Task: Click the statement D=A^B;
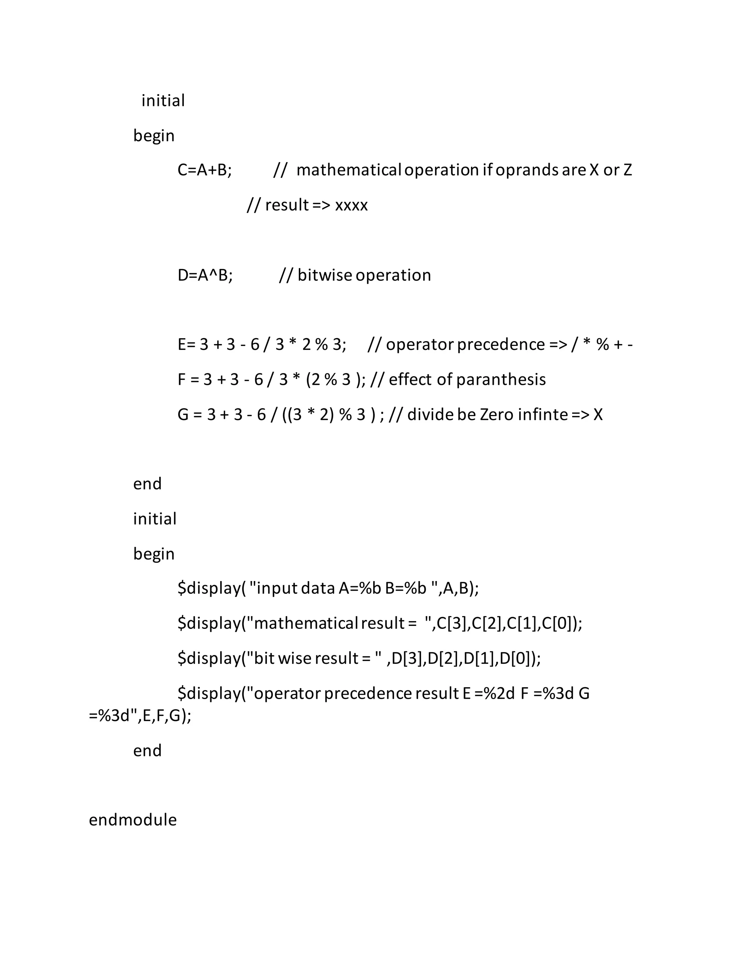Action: click(x=205, y=276)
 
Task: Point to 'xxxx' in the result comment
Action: click(x=351, y=205)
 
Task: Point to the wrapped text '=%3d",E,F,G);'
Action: click(x=140, y=716)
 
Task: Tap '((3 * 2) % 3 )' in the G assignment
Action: click(x=329, y=415)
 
